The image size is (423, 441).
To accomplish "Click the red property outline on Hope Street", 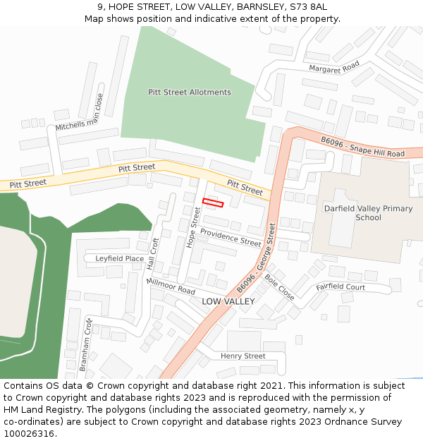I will (213, 203).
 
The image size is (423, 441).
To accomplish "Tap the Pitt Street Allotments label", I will (190, 92).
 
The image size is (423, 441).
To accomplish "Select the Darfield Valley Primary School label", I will (368, 213).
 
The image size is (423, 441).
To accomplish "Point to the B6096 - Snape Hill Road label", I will (362, 147).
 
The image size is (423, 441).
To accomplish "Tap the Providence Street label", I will (231, 237).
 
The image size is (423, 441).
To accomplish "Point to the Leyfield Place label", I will (120, 259).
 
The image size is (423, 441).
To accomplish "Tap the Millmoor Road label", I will (171, 286).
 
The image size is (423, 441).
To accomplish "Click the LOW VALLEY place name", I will (228, 301).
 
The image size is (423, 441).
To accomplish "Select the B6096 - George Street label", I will (256, 259).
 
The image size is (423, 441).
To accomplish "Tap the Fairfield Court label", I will (341, 287).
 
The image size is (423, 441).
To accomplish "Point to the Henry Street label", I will (243, 356).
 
